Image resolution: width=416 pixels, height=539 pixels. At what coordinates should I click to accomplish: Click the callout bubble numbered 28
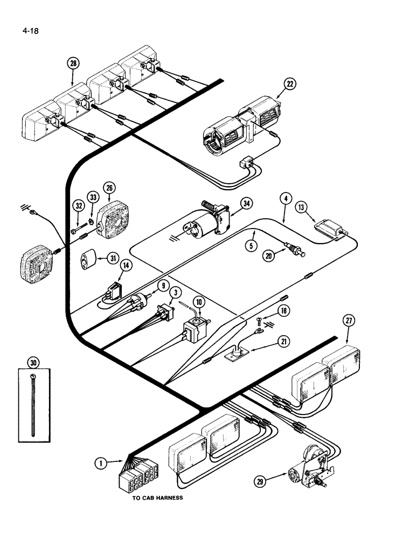[x=73, y=63]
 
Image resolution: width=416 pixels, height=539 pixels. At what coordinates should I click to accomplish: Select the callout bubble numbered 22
[x=290, y=84]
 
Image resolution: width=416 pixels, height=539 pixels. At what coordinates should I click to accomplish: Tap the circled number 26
[x=109, y=188]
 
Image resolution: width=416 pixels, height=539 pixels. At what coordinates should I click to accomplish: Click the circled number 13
[x=301, y=208]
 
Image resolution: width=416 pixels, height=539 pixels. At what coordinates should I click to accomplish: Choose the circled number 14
[x=126, y=265]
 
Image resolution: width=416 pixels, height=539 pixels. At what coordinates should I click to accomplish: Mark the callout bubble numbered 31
[x=113, y=258]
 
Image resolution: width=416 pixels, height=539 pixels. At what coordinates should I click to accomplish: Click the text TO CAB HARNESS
[x=157, y=498]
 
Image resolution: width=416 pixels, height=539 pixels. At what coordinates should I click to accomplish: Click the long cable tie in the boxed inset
[x=33, y=404]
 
